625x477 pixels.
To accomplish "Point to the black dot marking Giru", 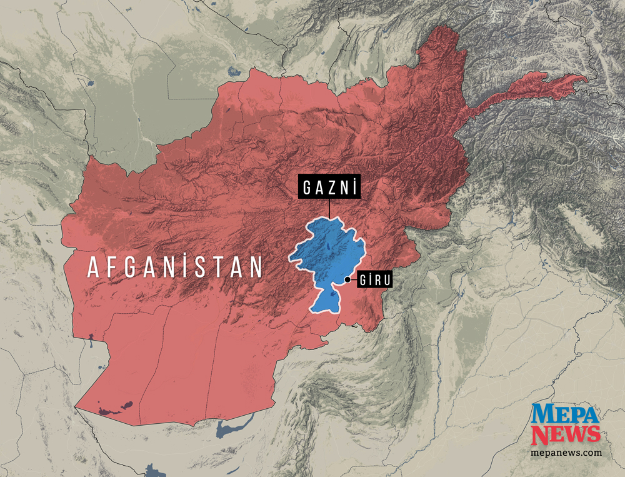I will [347, 279].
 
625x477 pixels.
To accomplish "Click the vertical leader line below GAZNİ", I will [330, 209].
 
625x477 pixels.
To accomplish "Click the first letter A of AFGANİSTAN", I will [93, 268].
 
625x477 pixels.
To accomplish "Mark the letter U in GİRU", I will [386, 280].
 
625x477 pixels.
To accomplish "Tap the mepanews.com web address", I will [566, 452].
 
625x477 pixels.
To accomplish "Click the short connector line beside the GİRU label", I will [353, 279].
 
